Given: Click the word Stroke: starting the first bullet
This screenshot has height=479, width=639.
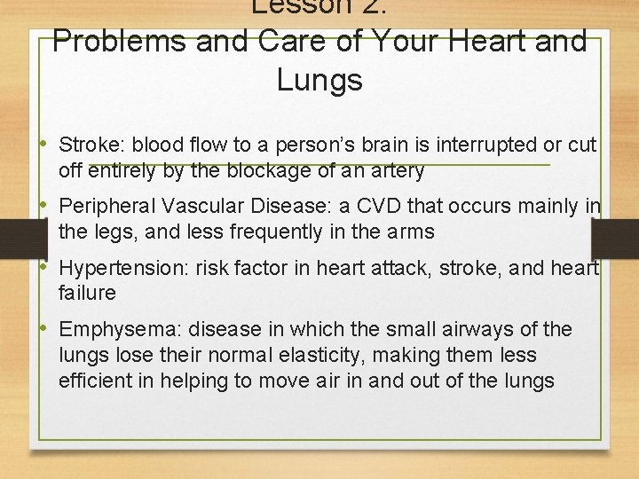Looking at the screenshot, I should [86, 145].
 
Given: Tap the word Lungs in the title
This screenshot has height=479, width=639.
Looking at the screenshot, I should [319, 80].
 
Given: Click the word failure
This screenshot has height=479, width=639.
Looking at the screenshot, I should [87, 293].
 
